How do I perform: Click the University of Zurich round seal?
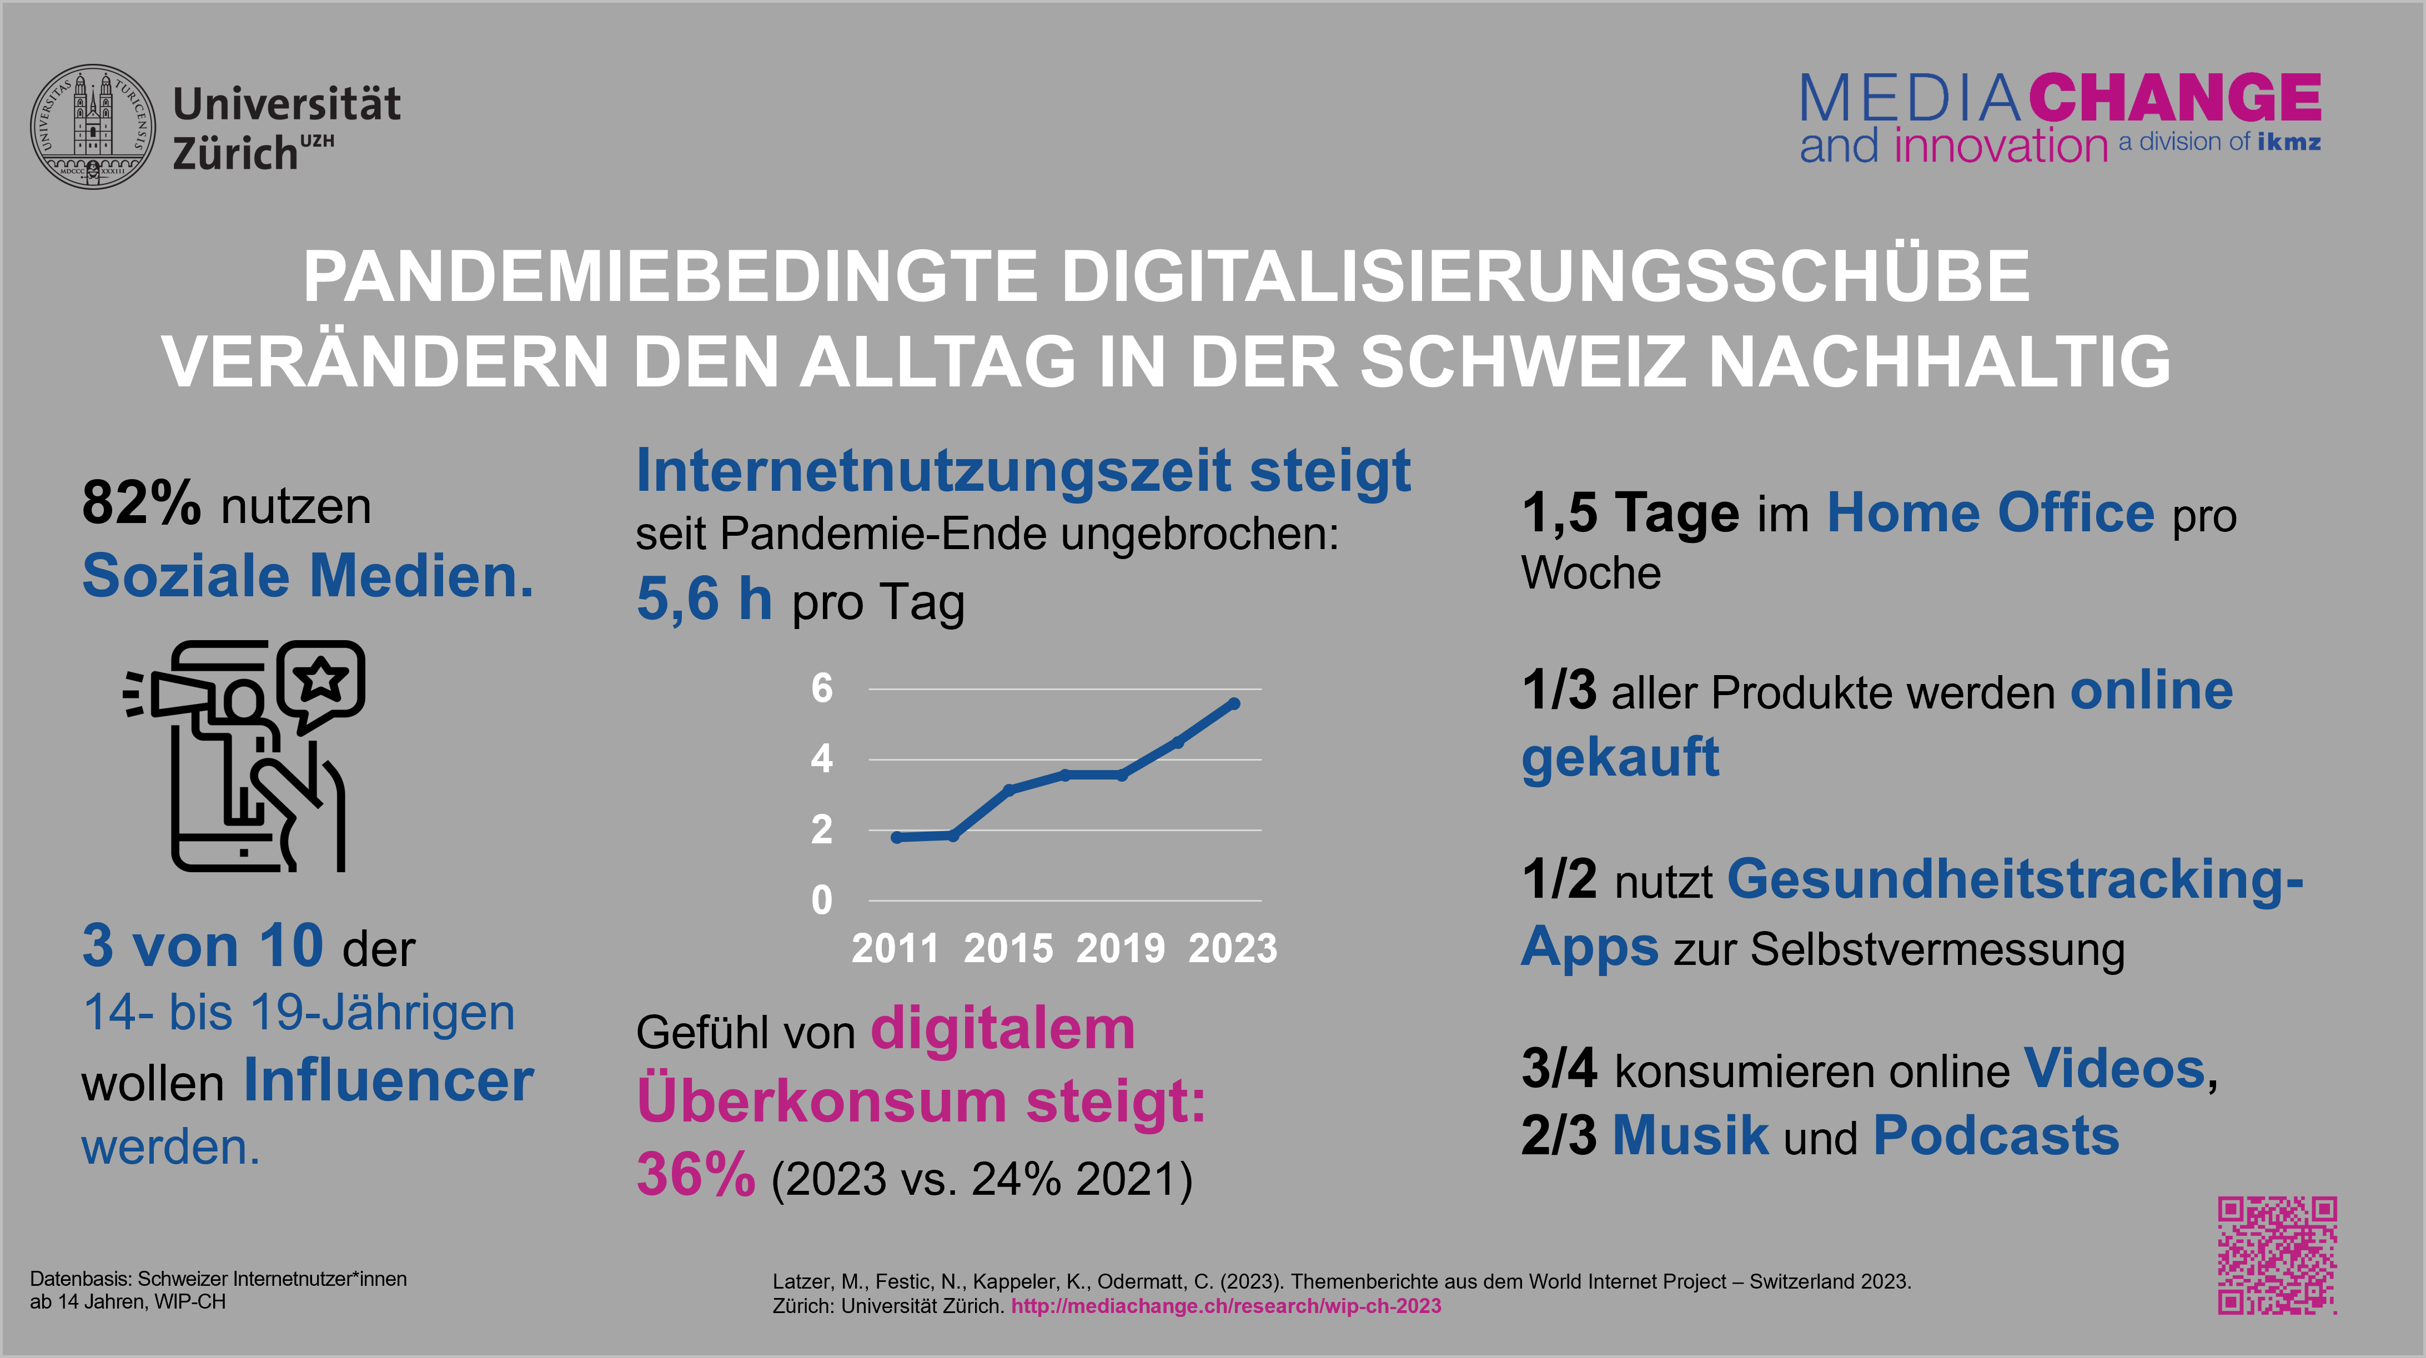click(x=93, y=126)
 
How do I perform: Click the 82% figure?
click(x=141, y=503)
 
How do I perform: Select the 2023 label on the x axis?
click(x=1233, y=948)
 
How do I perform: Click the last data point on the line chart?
click(x=1234, y=703)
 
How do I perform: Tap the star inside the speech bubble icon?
click(x=321, y=676)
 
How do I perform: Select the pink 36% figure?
click(x=696, y=1175)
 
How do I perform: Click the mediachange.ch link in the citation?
click(x=1225, y=1306)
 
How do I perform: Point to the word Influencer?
click(x=388, y=1080)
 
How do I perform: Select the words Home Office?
click(x=1990, y=513)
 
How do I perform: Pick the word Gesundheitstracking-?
click(x=2016, y=879)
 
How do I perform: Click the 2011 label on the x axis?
click(x=895, y=948)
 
